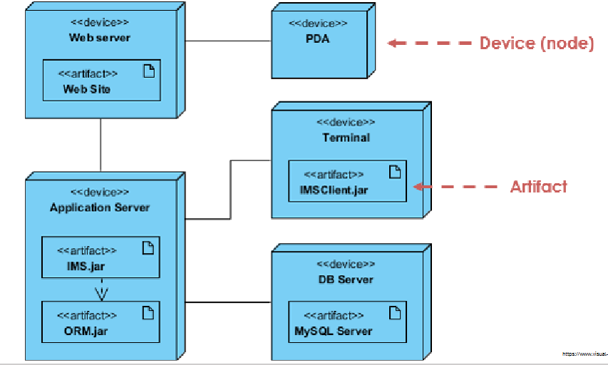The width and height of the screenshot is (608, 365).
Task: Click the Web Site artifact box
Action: point(101,81)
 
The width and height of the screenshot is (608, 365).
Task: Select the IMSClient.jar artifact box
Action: point(347,181)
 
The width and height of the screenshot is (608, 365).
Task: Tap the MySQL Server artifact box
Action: point(347,322)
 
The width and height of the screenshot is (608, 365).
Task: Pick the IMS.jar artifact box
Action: point(101,257)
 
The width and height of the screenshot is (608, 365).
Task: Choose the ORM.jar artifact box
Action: point(101,322)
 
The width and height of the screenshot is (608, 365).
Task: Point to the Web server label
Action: point(100,37)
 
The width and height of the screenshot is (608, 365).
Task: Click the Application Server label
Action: point(100,207)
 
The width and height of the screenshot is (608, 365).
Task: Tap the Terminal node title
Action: point(346,137)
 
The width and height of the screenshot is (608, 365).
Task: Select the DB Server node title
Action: point(346,279)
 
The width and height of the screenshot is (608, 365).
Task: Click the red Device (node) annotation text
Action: point(536,43)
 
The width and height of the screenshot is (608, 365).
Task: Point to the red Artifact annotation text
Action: point(538,187)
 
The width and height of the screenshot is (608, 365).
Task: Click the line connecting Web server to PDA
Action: point(228,41)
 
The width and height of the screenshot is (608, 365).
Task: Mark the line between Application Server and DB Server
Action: point(228,302)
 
